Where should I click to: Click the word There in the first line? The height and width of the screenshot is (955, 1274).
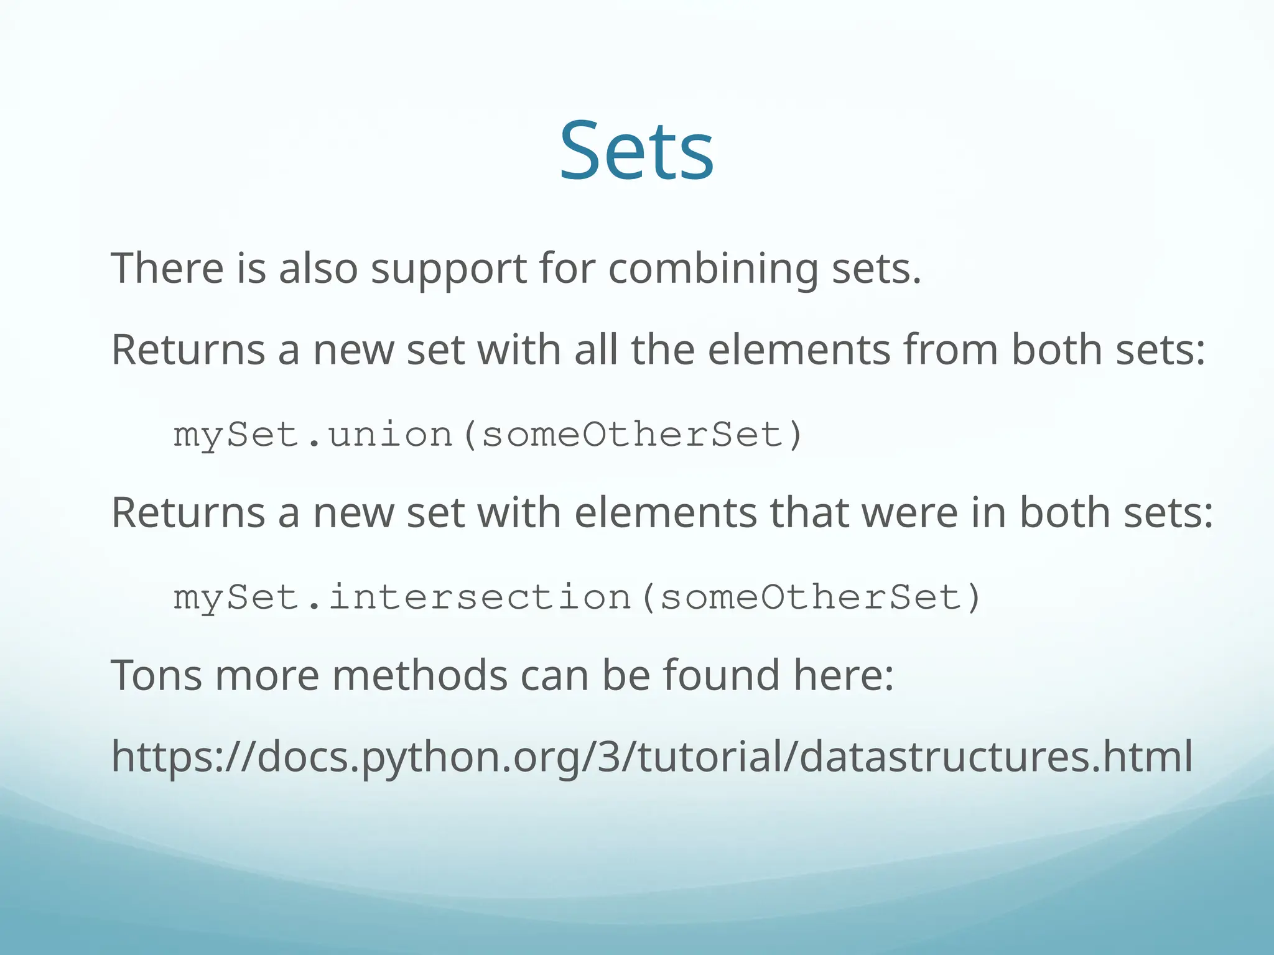(167, 268)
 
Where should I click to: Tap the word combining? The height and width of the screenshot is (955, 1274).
(713, 269)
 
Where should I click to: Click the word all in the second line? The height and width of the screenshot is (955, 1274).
(595, 349)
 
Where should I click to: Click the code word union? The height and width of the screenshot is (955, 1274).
(391, 434)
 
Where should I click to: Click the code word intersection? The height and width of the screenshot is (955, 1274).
(480, 597)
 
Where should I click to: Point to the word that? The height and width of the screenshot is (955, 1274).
(809, 513)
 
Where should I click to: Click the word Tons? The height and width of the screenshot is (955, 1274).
(156, 675)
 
